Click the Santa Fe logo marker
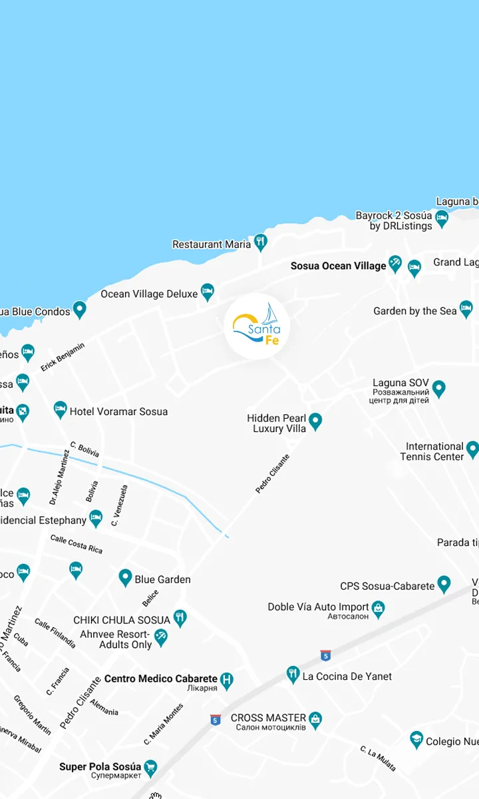(x=257, y=326)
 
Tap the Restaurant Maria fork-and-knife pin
(x=261, y=242)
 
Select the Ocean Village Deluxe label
(x=149, y=294)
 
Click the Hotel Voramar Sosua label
(x=118, y=411)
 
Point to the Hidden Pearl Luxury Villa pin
(x=316, y=421)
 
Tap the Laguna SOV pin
(x=438, y=388)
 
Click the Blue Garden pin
(x=125, y=577)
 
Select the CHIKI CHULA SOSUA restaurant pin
(x=180, y=617)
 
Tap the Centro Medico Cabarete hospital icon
(x=227, y=679)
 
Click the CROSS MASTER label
(x=268, y=718)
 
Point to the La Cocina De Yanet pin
(x=293, y=674)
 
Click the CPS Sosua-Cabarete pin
(x=444, y=585)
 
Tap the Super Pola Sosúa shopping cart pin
(x=150, y=768)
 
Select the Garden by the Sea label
(x=415, y=311)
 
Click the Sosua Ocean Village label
(x=338, y=266)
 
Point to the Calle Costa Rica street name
(x=77, y=544)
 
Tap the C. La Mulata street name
(x=379, y=759)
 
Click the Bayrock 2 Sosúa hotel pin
(x=442, y=217)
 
